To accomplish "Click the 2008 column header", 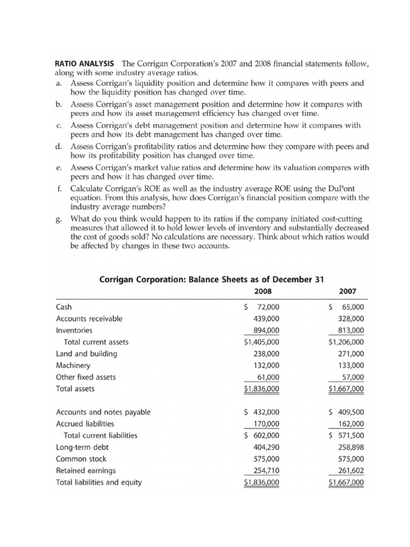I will (262, 291).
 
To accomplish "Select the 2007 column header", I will (348, 291).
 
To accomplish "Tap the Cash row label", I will (64, 307).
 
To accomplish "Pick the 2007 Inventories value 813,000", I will (350, 331).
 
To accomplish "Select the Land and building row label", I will (86, 354).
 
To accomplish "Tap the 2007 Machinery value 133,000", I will (350, 365).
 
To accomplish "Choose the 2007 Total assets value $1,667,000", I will (346, 389).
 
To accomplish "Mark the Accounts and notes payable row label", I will (103, 412).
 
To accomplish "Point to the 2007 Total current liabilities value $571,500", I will (346, 435).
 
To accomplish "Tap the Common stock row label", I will (81, 459).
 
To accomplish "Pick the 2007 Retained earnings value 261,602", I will (350, 471).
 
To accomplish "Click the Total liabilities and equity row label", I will (99, 482).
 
